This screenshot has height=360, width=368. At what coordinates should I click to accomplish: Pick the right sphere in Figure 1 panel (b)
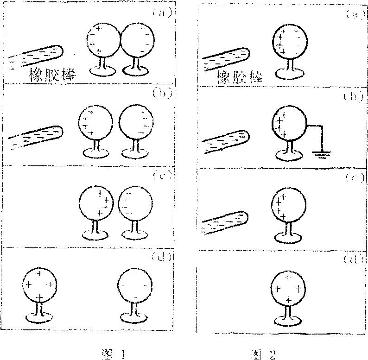[135, 123]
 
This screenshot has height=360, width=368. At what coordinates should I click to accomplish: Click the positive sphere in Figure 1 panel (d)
[40, 283]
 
